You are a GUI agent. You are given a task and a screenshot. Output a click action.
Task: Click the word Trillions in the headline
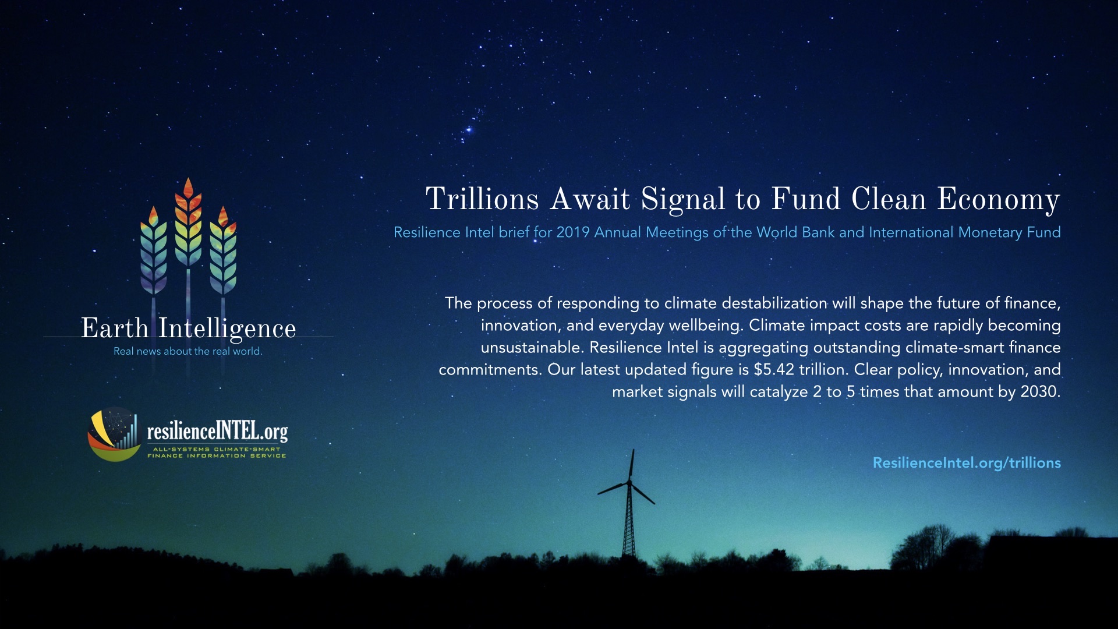(x=482, y=199)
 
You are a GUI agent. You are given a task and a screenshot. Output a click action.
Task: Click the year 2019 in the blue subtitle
(x=573, y=232)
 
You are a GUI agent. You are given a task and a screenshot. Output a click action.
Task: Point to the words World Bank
(x=795, y=232)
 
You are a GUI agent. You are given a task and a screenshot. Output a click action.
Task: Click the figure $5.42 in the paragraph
(x=774, y=370)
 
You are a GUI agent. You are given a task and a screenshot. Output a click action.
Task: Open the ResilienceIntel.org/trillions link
(x=967, y=463)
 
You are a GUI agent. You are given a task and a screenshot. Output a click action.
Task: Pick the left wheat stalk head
(x=154, y=250)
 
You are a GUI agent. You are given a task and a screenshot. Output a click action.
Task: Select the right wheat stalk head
(x=223, y=250)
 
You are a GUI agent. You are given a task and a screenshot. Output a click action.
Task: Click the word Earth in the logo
(x=115, y=328)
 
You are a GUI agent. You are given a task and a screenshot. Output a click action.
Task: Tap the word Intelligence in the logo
(x=228, y=330)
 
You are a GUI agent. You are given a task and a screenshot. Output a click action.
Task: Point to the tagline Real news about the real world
(x=188, y=351)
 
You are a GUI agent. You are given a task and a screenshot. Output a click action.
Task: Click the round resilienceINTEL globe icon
(x=115, y=434)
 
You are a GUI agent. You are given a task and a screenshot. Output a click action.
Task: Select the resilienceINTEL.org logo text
(x=217, y=431)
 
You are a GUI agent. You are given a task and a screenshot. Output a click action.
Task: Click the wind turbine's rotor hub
(x=629, y=483)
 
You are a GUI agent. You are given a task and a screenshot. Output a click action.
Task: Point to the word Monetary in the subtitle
(x=990, y=233)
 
